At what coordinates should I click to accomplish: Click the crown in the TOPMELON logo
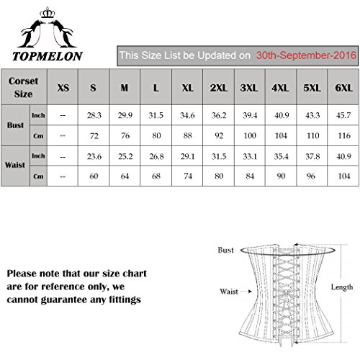tap(48, 12)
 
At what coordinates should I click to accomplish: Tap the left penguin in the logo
tap(32, 34)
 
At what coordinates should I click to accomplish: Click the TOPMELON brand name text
tap(48, 56)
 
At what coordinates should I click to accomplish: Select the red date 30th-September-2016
tap(306, 55)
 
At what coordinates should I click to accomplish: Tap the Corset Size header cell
tap(23, 87)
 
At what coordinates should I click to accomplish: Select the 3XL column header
tap(249, 88)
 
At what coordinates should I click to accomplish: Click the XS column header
tap(63, 88)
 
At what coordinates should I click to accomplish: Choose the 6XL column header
tap(343, 88)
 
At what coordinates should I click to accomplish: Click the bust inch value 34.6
tap(187, 115)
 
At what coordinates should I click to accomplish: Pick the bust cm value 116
tap(344, 135)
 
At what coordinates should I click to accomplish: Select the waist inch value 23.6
tap(94, 156)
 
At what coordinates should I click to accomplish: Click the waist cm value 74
tap(188, 176)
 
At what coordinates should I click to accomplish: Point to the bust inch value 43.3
tap(312, 115)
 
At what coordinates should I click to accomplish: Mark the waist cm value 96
tap(311, 176)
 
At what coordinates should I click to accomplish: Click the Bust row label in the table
tap(15, 125)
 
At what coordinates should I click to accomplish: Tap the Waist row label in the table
tap(15, 165)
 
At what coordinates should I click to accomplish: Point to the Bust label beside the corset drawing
tap(225, 250)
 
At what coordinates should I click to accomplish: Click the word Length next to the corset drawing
tap(342, 287)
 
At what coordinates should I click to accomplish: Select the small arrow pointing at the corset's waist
tap(246, 292)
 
